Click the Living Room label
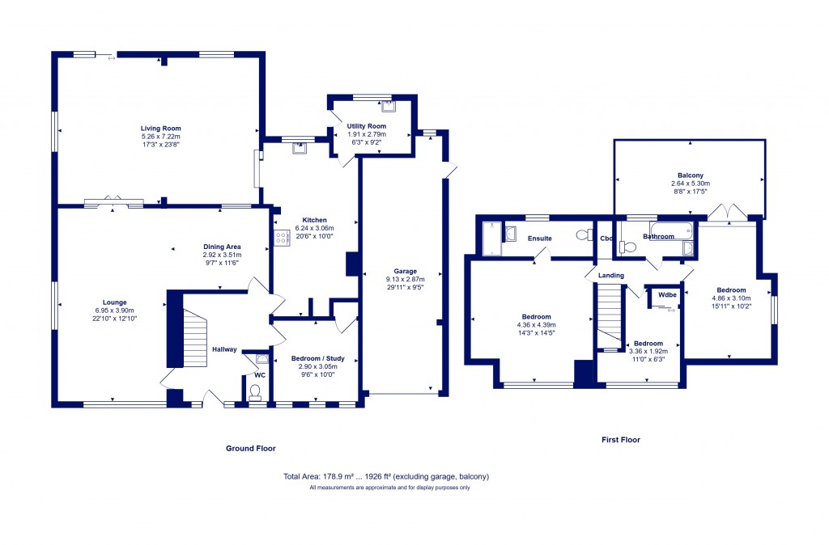[x=161, y=129]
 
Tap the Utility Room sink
[x=389, y=106]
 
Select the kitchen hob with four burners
[x=282, y=238]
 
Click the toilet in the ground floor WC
[x=255, y=392]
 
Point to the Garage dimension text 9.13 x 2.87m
[x=405, y=279]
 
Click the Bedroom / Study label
[x=317, y=358]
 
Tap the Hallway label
[x=225, y=349]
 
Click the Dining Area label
[x=222, y=247]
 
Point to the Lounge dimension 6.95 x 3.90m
[x=115, y=311]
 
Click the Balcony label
[x=691, y=175]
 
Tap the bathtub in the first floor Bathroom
[x=671, y=230]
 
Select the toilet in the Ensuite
[x=585, y=234]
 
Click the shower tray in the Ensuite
[x=491, y=239]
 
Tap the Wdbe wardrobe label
[x=667, y=294]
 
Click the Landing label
[x=610, y=276]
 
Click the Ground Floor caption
[x=251, y=448]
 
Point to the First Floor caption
[x=621, y=439]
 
